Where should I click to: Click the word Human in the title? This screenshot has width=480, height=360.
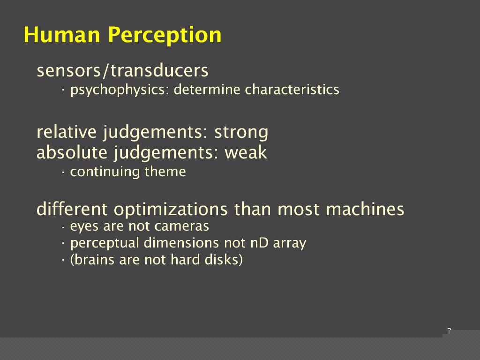point(62,35)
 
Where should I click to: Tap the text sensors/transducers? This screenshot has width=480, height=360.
point(122,70)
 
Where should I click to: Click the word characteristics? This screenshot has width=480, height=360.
point(292,90)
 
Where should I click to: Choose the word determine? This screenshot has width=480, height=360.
point(207,90)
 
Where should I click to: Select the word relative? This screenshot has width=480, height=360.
point(67,132)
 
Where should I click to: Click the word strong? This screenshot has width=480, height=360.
point(241,133)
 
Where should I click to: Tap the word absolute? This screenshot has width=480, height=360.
point(72,152)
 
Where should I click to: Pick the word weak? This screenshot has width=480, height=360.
point(246,152)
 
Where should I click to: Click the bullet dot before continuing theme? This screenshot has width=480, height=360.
point(63,172)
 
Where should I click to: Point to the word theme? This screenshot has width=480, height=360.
point(165,172)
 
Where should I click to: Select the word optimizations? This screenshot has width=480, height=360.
point(171,210)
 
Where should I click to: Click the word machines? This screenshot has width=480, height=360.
point(365,209)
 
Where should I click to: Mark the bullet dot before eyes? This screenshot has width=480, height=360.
point(63,227)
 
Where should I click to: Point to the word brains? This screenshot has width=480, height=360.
point(95,260)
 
